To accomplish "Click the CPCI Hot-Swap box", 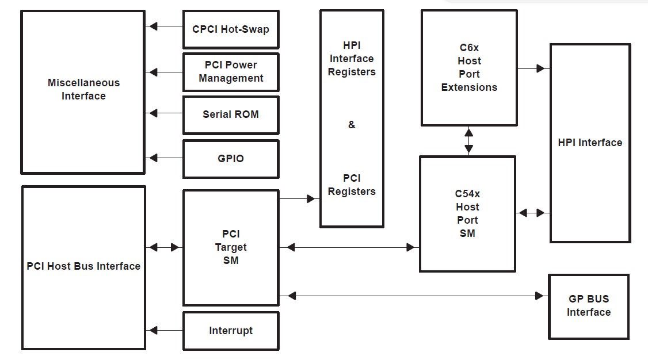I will (231, 29).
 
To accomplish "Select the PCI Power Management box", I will (231, 72).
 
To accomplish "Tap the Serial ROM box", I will (231, 114).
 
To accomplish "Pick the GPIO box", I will (231, 159).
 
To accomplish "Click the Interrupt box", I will (231, 331).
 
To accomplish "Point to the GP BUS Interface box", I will (588, 306).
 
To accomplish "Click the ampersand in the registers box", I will (352, 125).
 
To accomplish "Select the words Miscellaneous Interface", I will (83, 89).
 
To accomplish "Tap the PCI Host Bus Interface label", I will (83, 266).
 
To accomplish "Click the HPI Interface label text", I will (590, 143).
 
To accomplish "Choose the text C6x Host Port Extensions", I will (469, 67).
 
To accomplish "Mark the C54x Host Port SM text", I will (467, 213).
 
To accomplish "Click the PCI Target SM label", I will (231, 247).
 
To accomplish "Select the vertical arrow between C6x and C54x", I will (469, 141).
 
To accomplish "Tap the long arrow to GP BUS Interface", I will (414, 296).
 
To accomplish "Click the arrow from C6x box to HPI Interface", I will (533, 68).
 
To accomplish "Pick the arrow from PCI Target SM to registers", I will (299, 199).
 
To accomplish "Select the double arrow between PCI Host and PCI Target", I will (164, 247).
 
